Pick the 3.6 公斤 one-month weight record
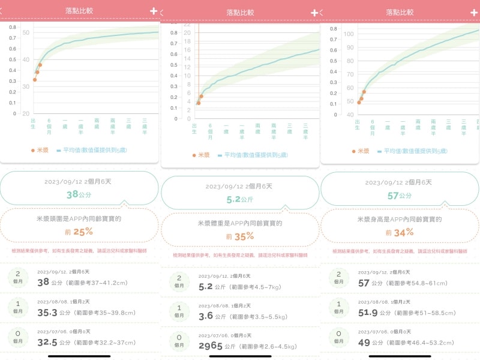point(206,316)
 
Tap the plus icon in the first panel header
point(154,11)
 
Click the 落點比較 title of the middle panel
point(240,12)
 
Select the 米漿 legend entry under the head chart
point(40,150)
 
